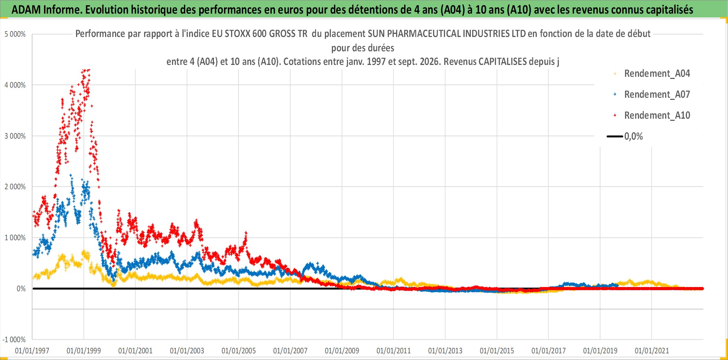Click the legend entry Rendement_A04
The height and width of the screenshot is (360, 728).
tap(657, 74)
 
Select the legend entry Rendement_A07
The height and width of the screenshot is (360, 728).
tap(657, 95)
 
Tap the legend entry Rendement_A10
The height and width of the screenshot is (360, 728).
tap(657, 116)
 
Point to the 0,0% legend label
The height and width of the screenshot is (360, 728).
tap(633, 137)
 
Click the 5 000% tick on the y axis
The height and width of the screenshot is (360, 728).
tap(15, 34)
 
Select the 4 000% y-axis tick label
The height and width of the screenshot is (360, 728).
tap(15, 85)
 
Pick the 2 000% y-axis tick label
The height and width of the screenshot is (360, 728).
tap(15, 187)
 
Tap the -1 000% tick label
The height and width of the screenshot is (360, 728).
tap(14, 339)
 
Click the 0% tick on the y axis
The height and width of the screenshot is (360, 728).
tap(21, 289)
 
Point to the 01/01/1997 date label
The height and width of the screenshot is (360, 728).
tap(32, 351)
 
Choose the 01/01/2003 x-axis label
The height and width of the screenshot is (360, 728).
tap(187, 351)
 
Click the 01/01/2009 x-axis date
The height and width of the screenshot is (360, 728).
tap(342, 351)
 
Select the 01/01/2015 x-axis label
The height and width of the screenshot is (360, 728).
tap(497, 351)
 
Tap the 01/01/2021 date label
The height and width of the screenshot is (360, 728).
tap(652, 351)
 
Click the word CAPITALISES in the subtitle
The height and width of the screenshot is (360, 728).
tap(503, 62)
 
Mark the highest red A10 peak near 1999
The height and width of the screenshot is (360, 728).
tap(88, 70)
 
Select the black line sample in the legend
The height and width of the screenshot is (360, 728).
tap(615, 137)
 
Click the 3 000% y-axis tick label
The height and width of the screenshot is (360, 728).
tap(15, 136)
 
